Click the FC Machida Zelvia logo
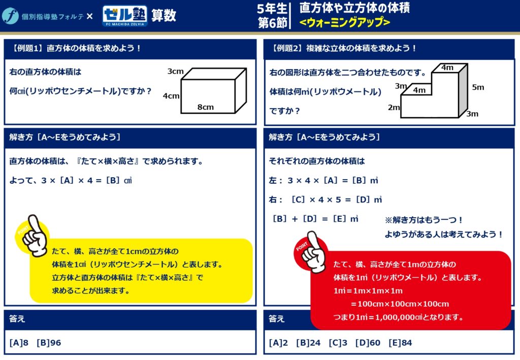[x=125, y=16]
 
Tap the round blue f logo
[x=10, y=16]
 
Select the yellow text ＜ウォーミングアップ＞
[x=345, y=22]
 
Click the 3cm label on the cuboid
[x=175, y=71]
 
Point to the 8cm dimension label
[x=206, y=107]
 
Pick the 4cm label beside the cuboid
[x=171, y=96]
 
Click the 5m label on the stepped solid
[x=478, y=87]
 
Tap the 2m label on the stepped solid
[x=394, y=108]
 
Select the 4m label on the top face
[x=447, y=68]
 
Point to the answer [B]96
[x=49, y=343]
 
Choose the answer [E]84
[x=400, y=343]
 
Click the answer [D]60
[x=368, y=343]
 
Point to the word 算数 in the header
[x=164, y=16]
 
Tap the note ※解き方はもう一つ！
[x=424, y=220]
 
